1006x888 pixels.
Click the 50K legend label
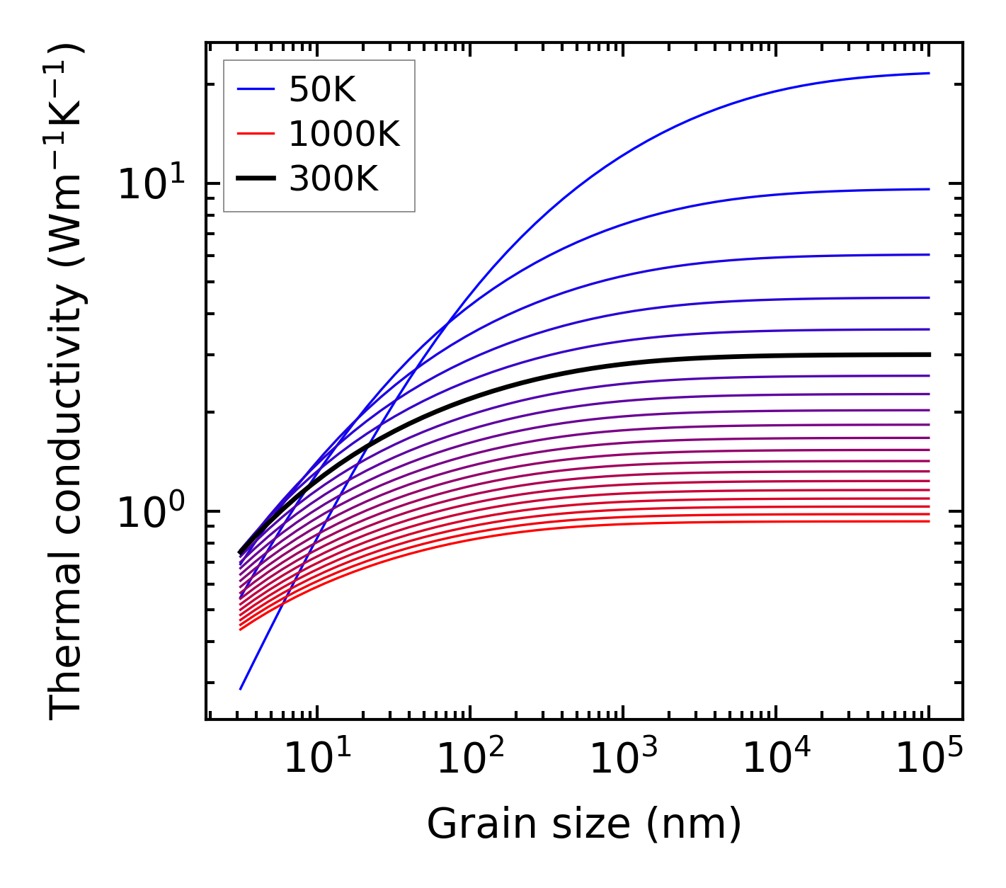pos(322,89)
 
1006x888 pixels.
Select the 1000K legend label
pos(344,134)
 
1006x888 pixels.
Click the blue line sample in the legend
pos(255,89)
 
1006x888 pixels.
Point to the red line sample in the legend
pos(255,134)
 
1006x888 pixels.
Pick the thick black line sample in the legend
pos(255,179)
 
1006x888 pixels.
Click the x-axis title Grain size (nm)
pos(584,824)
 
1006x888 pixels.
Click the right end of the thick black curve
pos(928,354)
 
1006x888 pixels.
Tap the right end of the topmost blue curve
pos(928,73)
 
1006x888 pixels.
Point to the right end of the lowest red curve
pos(928,522)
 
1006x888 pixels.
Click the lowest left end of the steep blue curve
pos(241,688)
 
